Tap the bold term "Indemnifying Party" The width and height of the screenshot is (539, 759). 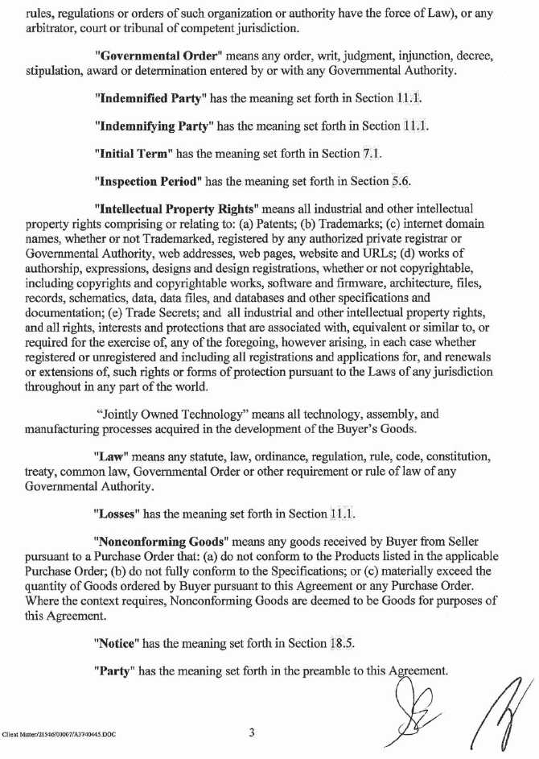tap(153, 126)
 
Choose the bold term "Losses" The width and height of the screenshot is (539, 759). tap(118, 513)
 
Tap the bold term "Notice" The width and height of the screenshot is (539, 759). tap(117, 644)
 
